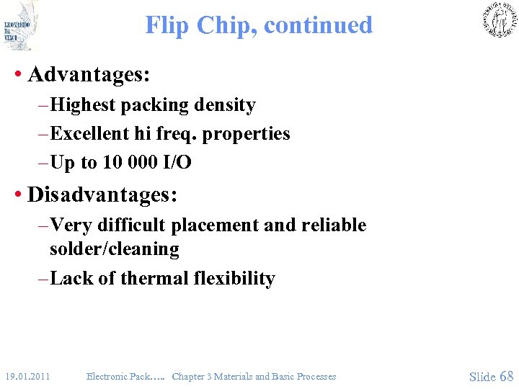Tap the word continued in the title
318,25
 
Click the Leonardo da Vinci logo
19,26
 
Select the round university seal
499,19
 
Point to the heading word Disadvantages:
102,195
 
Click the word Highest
84,105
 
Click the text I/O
178,163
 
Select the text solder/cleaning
114,249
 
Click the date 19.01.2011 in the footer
27,376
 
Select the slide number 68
506,376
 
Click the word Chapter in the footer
188,376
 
